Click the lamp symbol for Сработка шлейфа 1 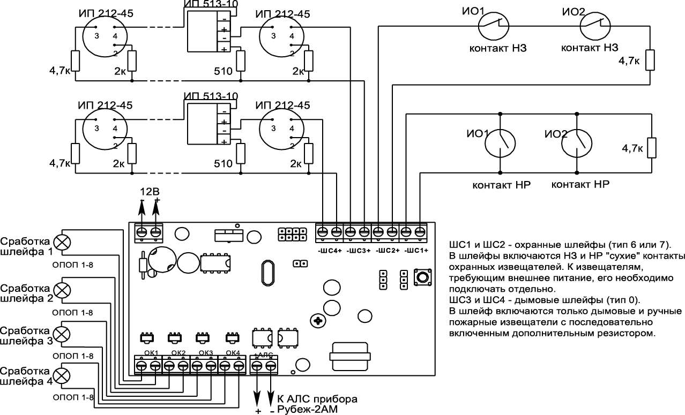[x=62, y=243]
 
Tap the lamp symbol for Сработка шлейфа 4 [x=62, y=376]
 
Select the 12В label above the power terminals [x=150, y=192]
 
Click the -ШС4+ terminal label [x=330, y=251]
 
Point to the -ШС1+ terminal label [x=416, y=251]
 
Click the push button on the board [x=422, y=277]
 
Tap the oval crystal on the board [x=268, y=273]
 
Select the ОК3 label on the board [x=206, y=353]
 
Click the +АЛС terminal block [x=264, y=365]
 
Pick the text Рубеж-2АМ [x=307, y=410]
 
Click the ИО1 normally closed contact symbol [x=494, y=26]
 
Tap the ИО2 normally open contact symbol [x=576, y=144]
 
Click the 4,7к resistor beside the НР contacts [x=652, y=148]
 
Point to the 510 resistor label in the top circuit [x=223, y=72]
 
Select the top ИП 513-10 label [x=211, y=4]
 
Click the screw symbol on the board [x=318, y=321]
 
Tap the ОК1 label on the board [x=151, y=353]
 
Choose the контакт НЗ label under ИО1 [x=498, y=48]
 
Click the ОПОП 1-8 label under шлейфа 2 [x=73, y=313]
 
